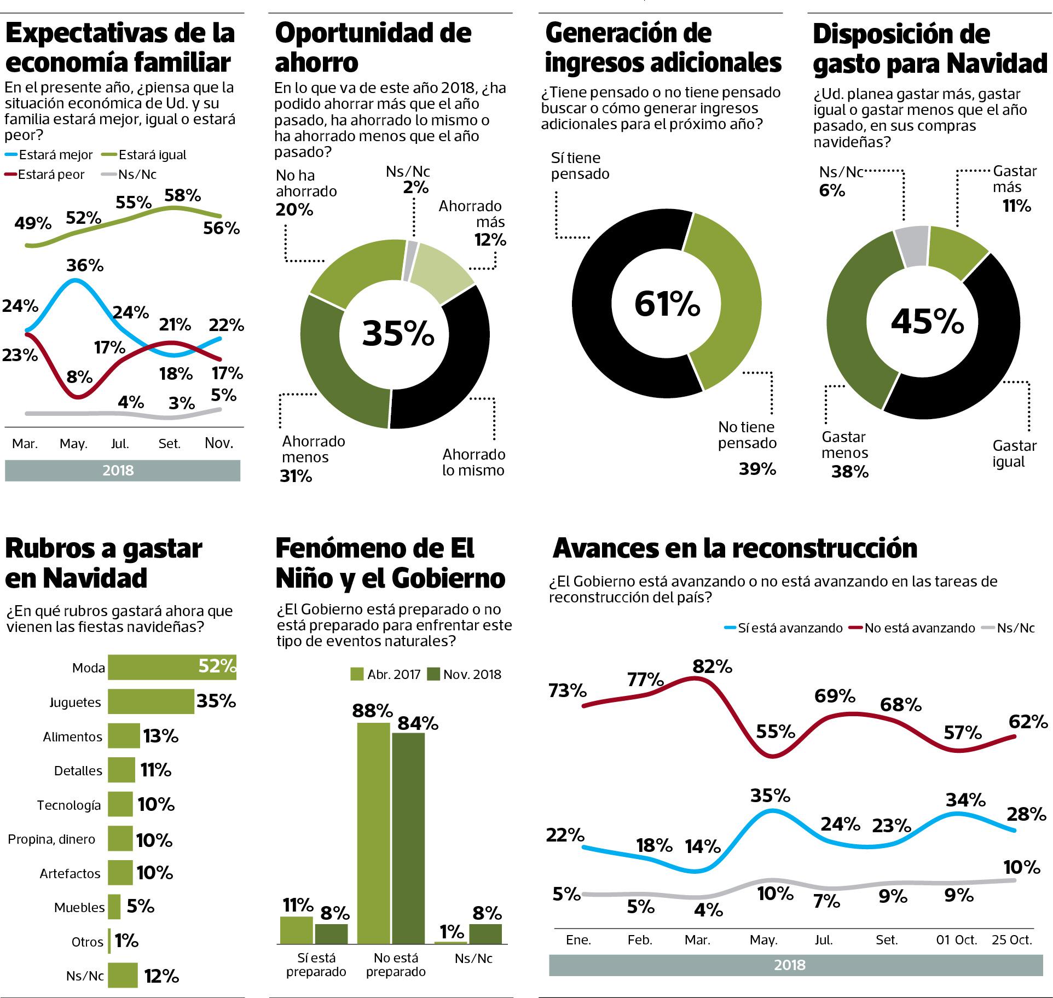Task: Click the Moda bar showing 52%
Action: point(171,667)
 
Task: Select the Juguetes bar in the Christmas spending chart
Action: point(151,701)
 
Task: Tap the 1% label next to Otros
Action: point(126,941)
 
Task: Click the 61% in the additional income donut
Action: point(667,304)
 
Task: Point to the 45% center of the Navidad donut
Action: point(927,322)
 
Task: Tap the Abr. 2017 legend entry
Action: point(385,674)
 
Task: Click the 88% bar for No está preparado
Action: point(374,832)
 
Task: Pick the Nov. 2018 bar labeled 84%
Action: point(408,837)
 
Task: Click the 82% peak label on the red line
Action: point(711,666)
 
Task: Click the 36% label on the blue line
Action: point(85,265)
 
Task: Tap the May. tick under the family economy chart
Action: point(73,443)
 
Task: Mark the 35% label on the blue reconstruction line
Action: point(770,795)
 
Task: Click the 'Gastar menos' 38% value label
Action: point(849,472)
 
